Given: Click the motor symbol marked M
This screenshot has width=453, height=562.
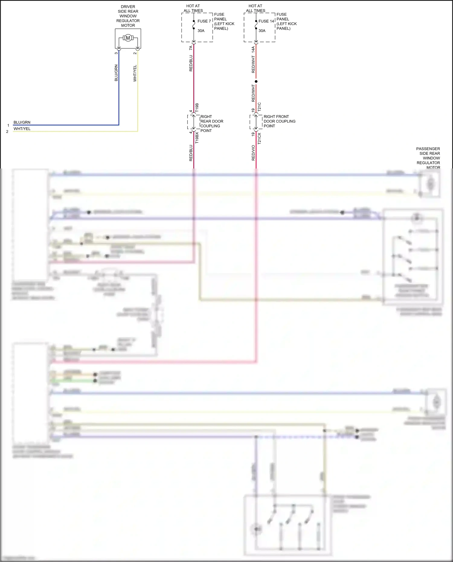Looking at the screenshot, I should pyautogui.click(x=128, y=38).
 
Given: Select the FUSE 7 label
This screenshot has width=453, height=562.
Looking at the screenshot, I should pyautogui.click(x=204, y=21).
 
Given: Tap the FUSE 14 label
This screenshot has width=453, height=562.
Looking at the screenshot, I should pyautogui.click(x=266, y=21).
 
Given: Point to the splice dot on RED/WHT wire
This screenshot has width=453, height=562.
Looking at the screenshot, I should pyautogui.click(x=256, y=82).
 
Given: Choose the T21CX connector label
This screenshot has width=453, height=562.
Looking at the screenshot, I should pyautogui.click(x=259, y=138).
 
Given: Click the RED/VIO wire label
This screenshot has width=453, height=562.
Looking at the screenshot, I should pyautogui.click(x=253, y=153).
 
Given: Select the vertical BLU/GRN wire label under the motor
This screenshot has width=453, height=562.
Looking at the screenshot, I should pyautogui.click(x=116, y=73).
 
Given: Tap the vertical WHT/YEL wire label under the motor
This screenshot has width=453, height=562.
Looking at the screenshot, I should pyautogui.click(x=135, y=73).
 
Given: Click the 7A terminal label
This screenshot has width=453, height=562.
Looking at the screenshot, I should pyautogui.click(x=191, y=48).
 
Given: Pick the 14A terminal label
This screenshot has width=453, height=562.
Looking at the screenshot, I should pyautogui.click(x=253, y=50).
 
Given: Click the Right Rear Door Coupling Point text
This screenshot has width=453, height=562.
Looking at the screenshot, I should pyautogui.click(x=212, y=124).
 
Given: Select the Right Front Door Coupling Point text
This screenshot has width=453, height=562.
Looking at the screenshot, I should pyautogui.click(x=279, y=121).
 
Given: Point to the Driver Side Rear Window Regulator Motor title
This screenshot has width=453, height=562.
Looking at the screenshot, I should pyautogui.click(x=128, y=16).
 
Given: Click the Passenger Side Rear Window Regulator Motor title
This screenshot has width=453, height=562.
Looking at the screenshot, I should pyautogui.click(x=428, y=158).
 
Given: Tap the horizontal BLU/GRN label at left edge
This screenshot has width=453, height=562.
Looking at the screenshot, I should pyautogui.click(x=22, y=122).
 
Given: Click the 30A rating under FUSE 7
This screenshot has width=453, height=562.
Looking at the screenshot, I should pyautogui.click(x=201, y=31).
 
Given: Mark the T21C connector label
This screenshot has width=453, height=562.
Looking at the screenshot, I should pyautogui.click(x=259, y=108).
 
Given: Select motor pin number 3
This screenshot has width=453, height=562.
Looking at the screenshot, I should pyautogui.click(x=116, y=53).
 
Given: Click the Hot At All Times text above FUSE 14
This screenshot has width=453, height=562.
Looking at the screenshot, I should pyautogui.click(x=255, y=8).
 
